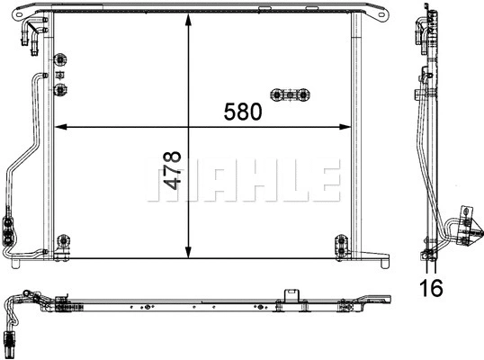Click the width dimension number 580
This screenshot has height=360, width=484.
pos(242,112)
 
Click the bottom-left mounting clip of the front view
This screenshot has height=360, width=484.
pos(62,243)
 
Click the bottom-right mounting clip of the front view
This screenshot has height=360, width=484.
pos(340,243)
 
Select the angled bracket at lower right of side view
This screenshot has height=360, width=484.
pos(466,225)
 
